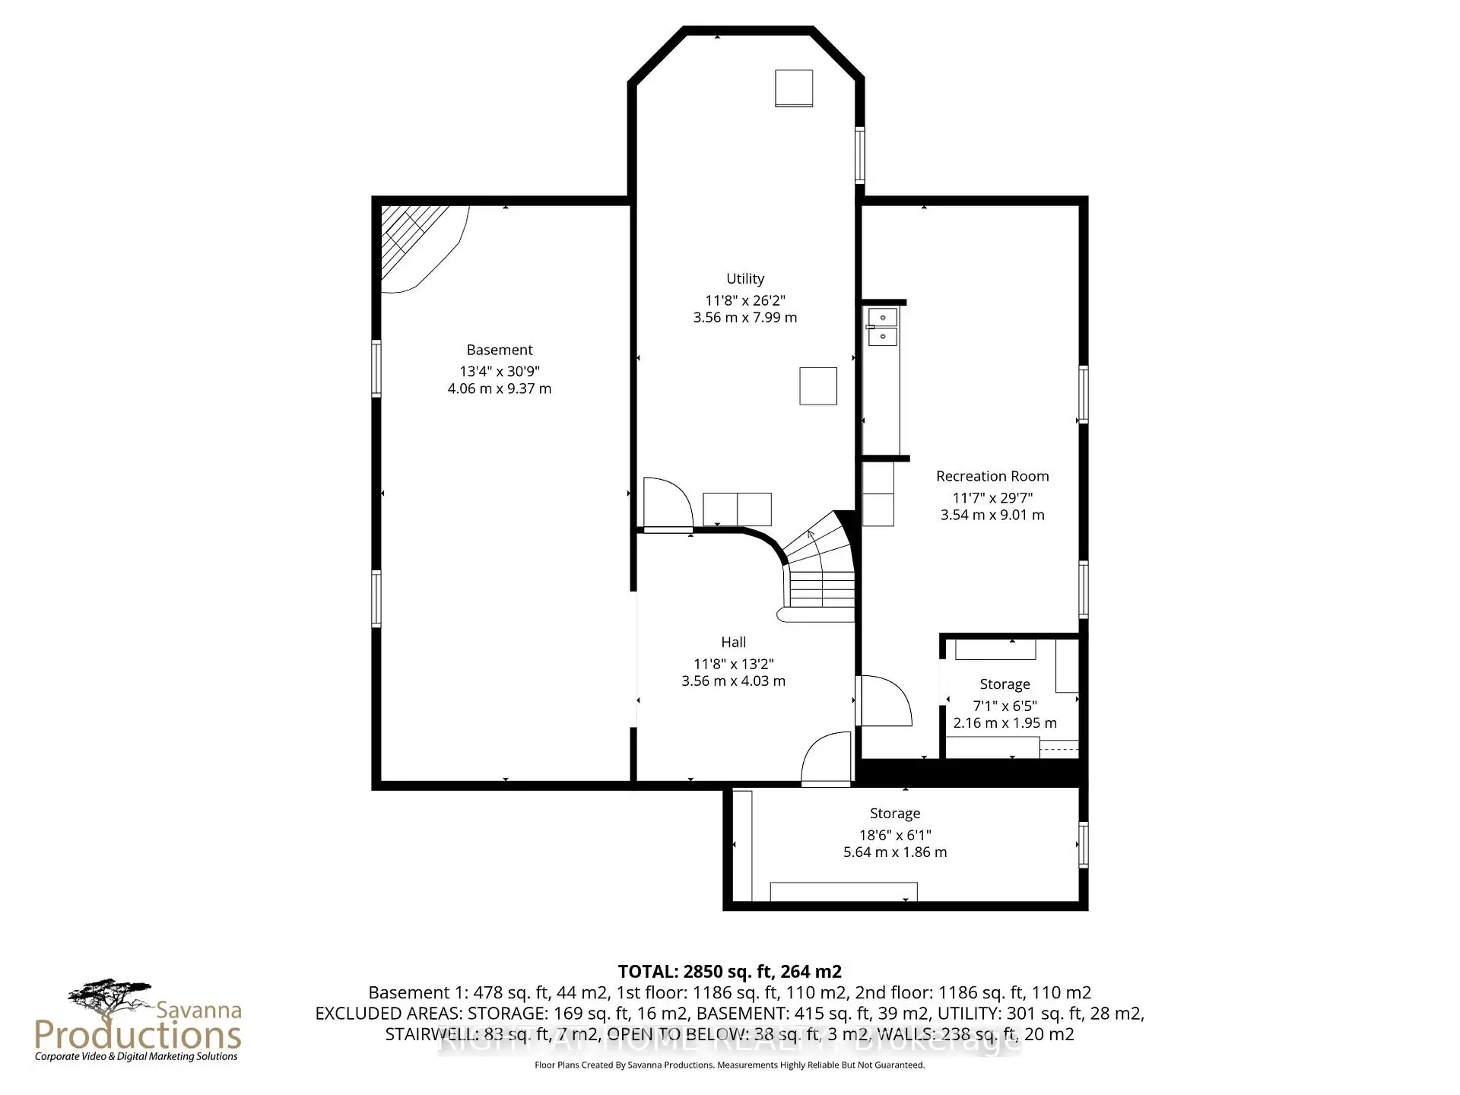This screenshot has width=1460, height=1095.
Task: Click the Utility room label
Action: coord(744,279)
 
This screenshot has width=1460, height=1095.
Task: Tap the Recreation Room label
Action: coord(992,476)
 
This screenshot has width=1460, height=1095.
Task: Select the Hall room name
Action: coord(733,643)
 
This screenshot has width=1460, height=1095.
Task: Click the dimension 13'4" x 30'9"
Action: coord(499,371)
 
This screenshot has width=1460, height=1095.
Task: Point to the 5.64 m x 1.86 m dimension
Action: coord(894,852)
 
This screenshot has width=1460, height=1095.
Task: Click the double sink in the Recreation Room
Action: coord(882,327)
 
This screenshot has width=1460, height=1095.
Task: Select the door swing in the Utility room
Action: coord(666,503)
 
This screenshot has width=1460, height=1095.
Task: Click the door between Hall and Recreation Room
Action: coord(884,700)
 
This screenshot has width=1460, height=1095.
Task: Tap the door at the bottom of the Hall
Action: coord(827,759)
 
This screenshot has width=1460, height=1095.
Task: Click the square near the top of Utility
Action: coord(794,88)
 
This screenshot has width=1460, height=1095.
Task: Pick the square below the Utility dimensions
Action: coord(817,386)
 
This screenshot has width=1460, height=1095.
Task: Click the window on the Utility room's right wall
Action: coord(860,155)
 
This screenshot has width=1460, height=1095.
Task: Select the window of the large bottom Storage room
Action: coord(1083,845)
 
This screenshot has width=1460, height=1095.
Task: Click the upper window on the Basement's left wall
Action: coord(376,369)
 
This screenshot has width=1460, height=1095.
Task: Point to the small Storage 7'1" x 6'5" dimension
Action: coord(1005,706)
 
